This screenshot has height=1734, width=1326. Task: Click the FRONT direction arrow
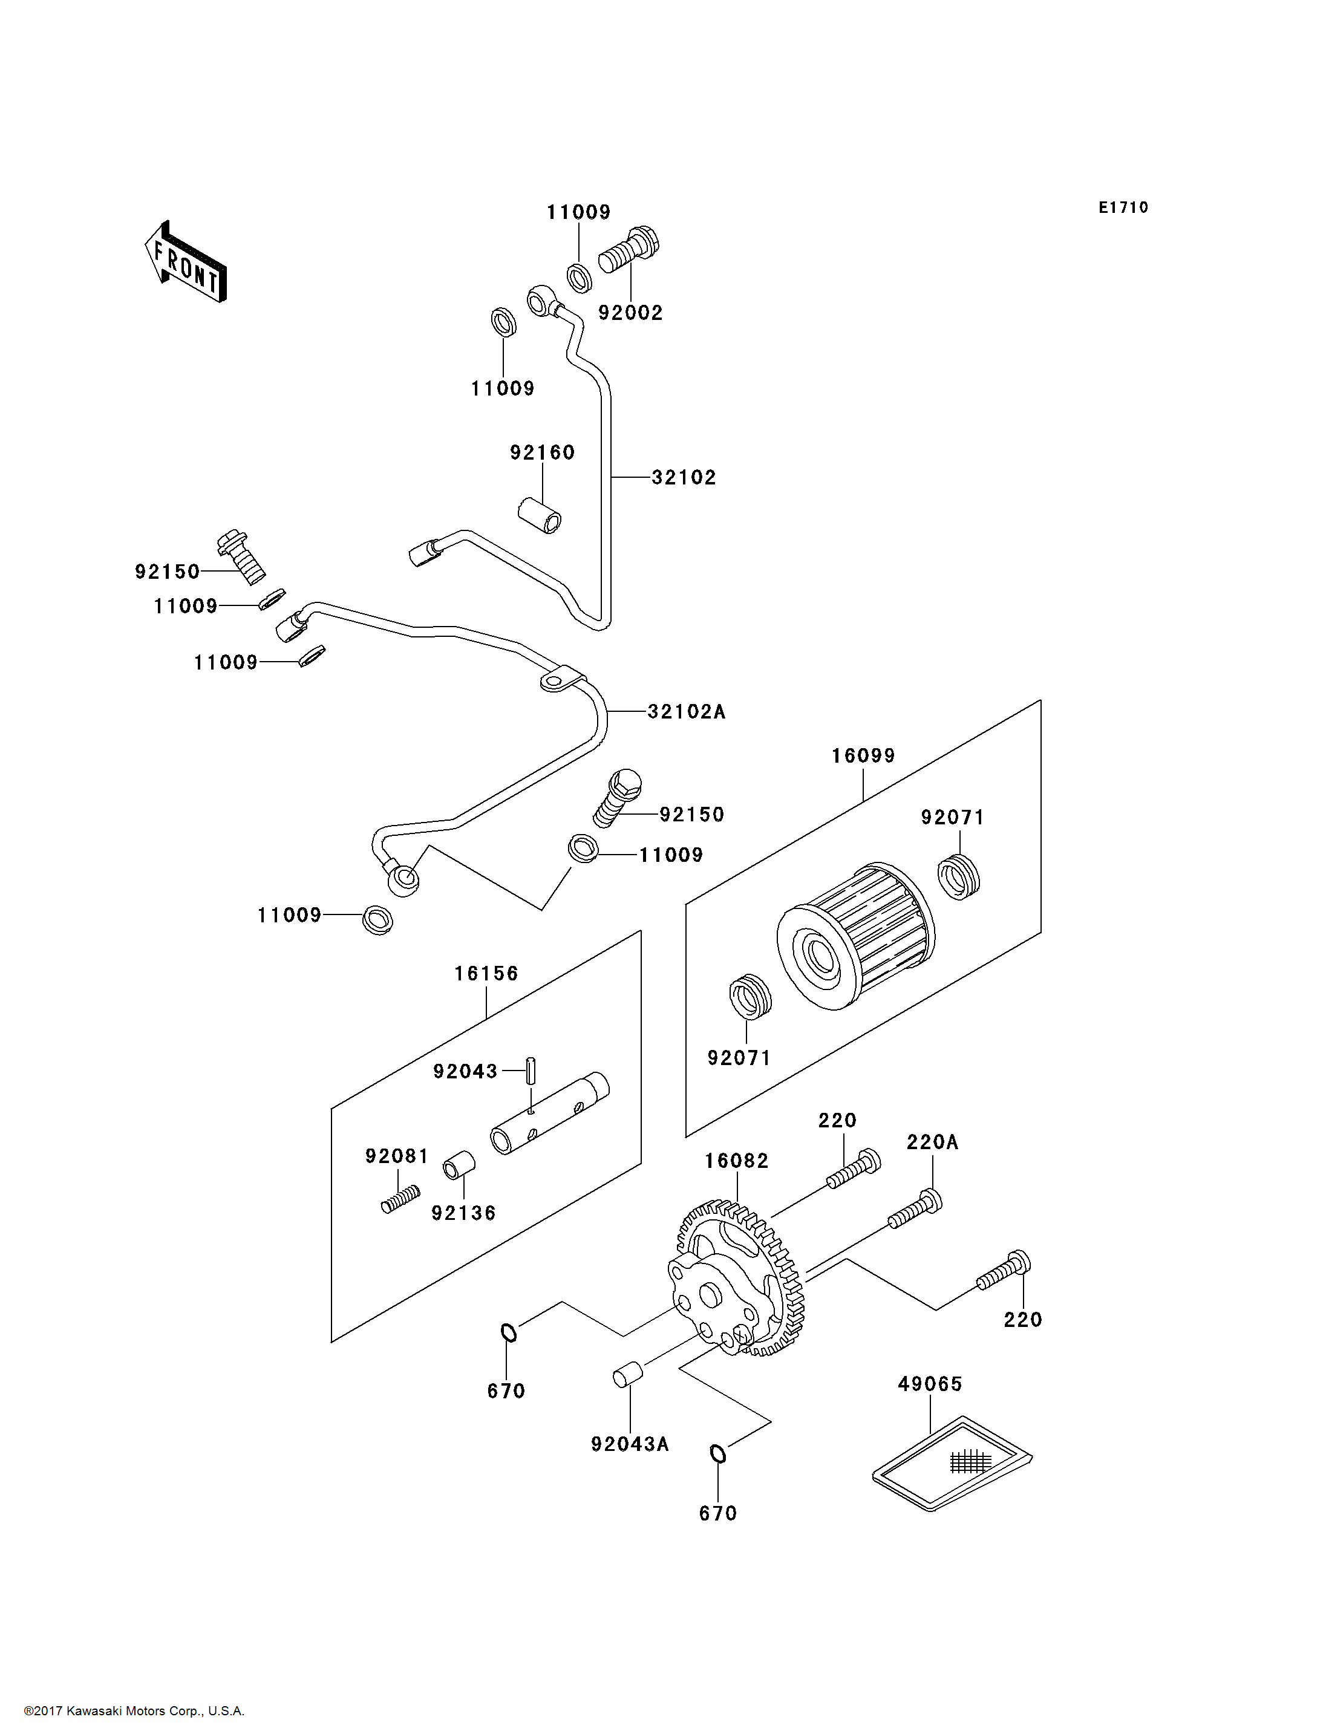tap(186, 261)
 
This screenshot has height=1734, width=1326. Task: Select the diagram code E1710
tap(1123, 207)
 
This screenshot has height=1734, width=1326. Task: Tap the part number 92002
tap(630, 313)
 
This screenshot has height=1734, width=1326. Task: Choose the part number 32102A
tap(686, 711)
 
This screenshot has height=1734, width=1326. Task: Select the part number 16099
tap(863, 755)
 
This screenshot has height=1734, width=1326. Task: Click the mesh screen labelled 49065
tap(952, 1463)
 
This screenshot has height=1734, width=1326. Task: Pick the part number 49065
tap(930, 1384)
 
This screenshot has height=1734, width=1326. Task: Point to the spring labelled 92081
tap(400, 1200)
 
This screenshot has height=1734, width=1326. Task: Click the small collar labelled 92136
tap(459, 1165)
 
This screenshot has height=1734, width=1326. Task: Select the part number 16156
tap(486, 973)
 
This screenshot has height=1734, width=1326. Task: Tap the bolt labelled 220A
tap(915, 1209)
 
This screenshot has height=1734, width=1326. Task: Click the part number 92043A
tap(630, 1444)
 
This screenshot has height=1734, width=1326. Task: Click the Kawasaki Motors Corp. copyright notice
tap(134, 1711)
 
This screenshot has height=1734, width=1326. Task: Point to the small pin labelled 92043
tap(532, 1071)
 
